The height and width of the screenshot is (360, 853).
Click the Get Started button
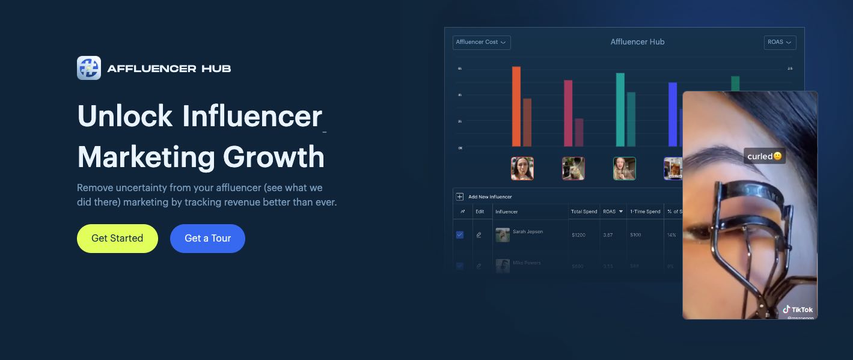click(x=117, y=239)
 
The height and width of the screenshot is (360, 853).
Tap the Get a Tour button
click(x=207, y=239)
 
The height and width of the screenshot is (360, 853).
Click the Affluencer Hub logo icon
click(x=89, y=68)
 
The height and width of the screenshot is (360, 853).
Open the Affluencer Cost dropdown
click(x=481, y=42)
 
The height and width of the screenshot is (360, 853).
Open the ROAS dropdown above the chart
click(x=780, y=42)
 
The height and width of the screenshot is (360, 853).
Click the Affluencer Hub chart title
click(x=637, y=42)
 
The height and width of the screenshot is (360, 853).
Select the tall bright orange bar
click(x=516, y=106)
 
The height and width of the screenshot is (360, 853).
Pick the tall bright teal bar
click(x=620, y=109)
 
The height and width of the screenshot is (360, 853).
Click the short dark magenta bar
click(x=579, y=132)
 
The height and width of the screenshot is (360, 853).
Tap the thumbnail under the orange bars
click(x=522, y=169)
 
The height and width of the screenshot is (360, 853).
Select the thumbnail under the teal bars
click(x=624, y=169)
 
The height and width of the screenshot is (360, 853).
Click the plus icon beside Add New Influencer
click(x=460, y=197)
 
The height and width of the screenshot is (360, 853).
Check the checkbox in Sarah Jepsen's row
click(x=460, y=235)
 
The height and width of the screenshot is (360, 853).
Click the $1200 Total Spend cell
click(x=578, y=235)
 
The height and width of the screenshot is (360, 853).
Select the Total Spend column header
click(x=584, y=212)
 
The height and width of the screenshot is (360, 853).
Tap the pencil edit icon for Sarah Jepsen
click(x=479, y=235)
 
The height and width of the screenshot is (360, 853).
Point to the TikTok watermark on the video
click(x=798, y=310)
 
